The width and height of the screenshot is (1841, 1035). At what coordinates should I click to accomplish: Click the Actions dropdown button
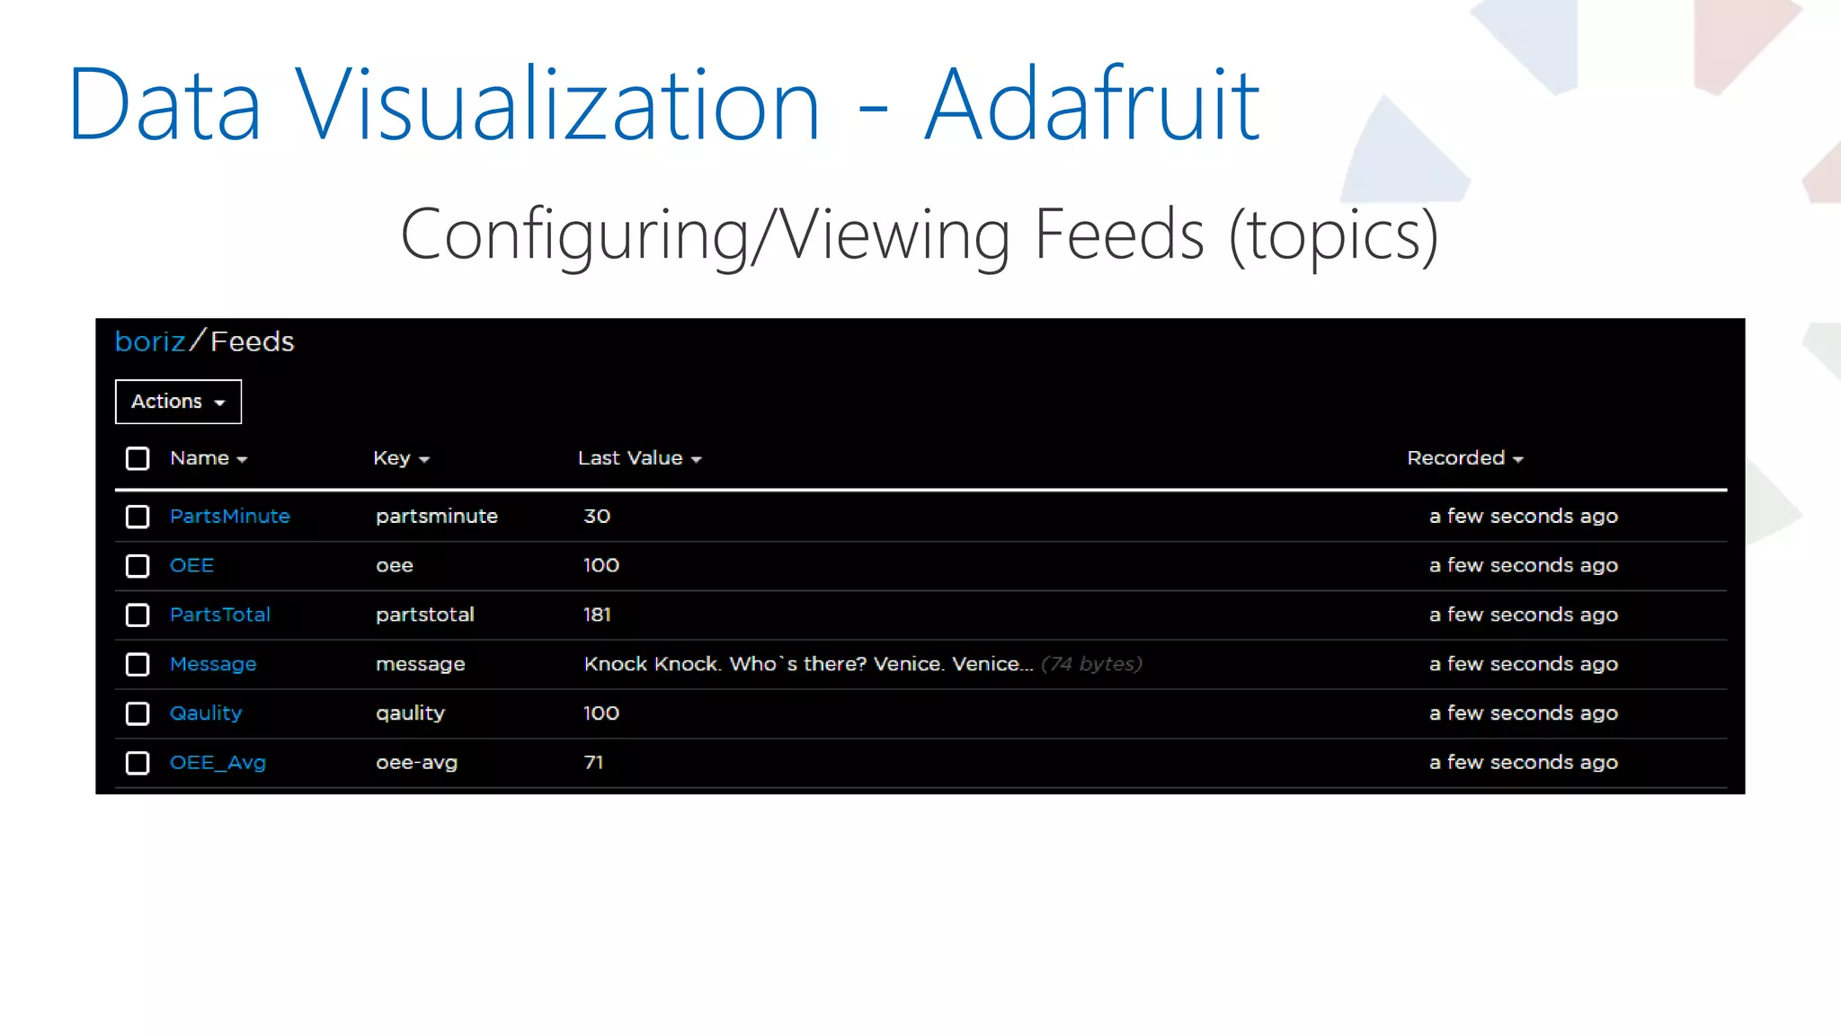pos(178,402)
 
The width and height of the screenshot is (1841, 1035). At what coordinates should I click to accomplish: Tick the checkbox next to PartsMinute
pos(138,517)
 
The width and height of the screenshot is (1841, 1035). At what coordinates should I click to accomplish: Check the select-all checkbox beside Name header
pos(138,459)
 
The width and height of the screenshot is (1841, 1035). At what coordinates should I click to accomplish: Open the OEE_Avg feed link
pos(218,763)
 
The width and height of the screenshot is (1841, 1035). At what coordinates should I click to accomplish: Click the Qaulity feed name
pos(206,713)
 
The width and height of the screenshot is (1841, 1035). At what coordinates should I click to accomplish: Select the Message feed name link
pos(213,664)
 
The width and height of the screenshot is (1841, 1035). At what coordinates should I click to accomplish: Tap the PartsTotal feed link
pos(220,615)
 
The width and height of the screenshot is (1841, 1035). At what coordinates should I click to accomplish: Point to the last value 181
pos(597,615)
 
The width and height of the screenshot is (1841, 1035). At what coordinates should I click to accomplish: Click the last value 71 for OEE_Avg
pos(593,763)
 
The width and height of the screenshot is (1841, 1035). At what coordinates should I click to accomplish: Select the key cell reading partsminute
pos(437,517)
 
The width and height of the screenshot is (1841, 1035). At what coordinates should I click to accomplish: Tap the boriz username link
pos(150,341)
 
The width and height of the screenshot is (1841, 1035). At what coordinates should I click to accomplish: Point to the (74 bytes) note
pos(1091,664)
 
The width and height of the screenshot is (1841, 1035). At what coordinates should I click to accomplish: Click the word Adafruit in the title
pos(1092,106)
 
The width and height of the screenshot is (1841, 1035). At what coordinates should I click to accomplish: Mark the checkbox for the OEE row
pos(138,566)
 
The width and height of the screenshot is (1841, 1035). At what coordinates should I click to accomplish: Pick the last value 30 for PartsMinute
pos(597,517)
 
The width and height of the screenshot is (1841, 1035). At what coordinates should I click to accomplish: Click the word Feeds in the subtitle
pos(1119,234)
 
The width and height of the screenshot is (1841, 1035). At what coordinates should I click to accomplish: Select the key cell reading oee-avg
pos(417,763)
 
